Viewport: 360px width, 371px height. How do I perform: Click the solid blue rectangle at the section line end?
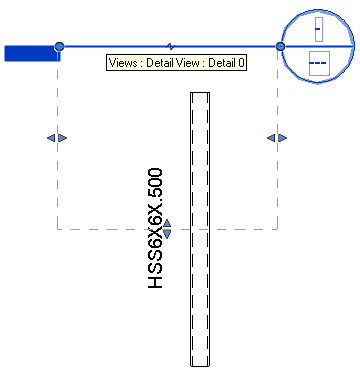31,53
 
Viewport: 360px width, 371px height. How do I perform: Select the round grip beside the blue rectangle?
60,47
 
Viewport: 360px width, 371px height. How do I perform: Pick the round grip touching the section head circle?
280,47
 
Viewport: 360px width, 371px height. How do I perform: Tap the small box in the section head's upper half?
318,29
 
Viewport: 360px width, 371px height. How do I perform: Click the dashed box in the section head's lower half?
318,66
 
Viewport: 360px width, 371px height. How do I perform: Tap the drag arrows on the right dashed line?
277,137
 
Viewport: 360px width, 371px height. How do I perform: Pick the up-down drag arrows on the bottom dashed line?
167,229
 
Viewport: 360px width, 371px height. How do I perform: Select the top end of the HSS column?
200,95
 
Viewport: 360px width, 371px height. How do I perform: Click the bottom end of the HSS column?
200,364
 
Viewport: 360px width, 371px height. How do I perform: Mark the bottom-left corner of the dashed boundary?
57,229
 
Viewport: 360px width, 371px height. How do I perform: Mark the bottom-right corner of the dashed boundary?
277,229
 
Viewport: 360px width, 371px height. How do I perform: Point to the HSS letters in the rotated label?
156,276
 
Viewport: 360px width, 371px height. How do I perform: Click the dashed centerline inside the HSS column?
200,300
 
